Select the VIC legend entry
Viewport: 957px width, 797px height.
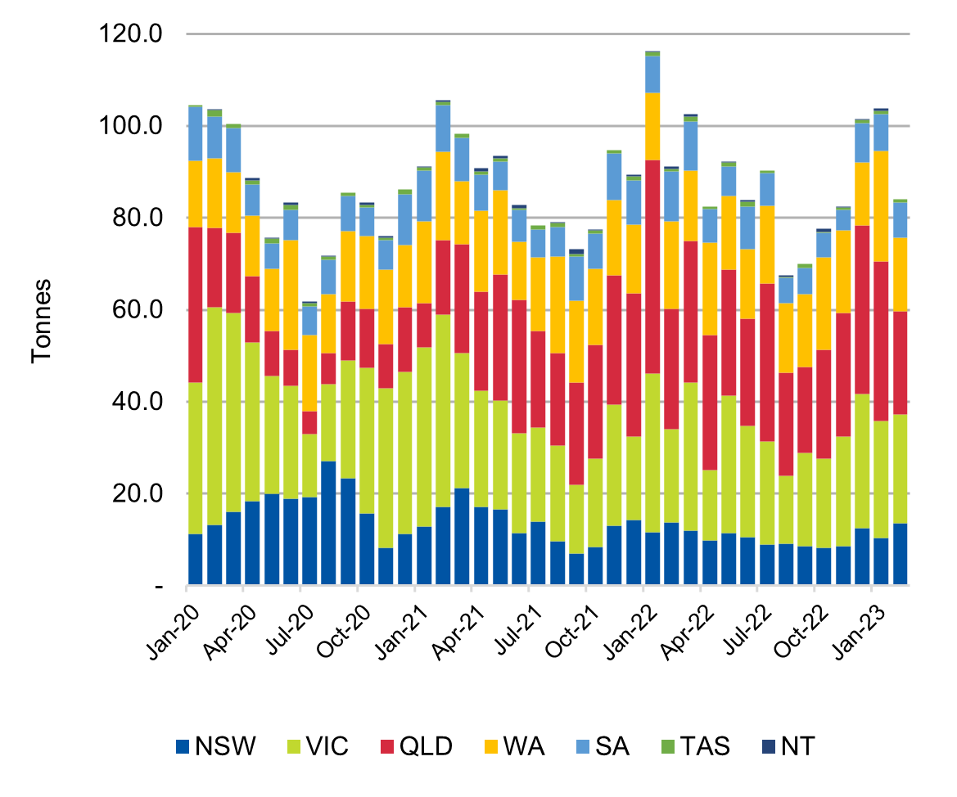[317, 746]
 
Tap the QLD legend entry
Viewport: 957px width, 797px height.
[416, 746]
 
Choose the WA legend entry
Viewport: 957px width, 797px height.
[512, 746]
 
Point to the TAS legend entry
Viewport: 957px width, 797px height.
[695, 746]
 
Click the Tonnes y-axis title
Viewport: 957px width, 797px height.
[42, 321]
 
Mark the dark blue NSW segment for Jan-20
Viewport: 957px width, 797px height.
[196, 560]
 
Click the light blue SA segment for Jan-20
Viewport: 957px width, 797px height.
[196, 133]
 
